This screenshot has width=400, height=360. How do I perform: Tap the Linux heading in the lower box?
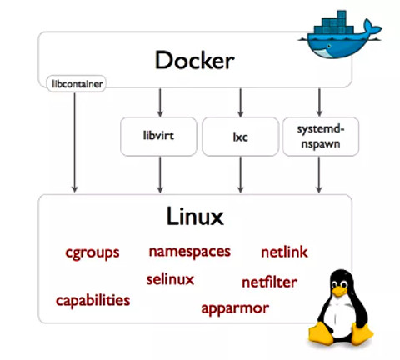(x=193, y=218)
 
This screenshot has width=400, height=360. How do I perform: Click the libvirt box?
(x=157, y=134)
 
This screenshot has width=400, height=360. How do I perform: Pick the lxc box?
(x=240, y=134)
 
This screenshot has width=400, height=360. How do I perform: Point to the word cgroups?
(x=92, y=252)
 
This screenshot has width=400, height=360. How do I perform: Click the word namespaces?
(x=189, y=251)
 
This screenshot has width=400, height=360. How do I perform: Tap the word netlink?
(x=285, y=251)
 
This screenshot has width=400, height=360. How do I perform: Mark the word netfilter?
(x=269, y=282)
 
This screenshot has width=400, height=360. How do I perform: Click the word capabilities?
(x=93, y=299)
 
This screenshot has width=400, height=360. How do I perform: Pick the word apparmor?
(x=235, y=307)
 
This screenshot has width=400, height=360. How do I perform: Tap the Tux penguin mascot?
(x=342, y=310)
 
